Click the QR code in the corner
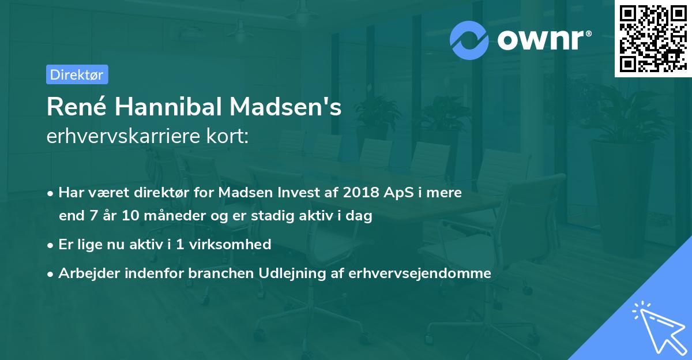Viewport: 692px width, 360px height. pyautogui.click(x=652, y=38)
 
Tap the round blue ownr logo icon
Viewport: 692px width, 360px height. pyautogui.click(x=469, y=40)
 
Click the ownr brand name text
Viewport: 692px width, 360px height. pyautogui.click(x=544, y=40)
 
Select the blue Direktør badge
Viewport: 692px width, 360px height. pyautogui.click(x=77, y=74)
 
